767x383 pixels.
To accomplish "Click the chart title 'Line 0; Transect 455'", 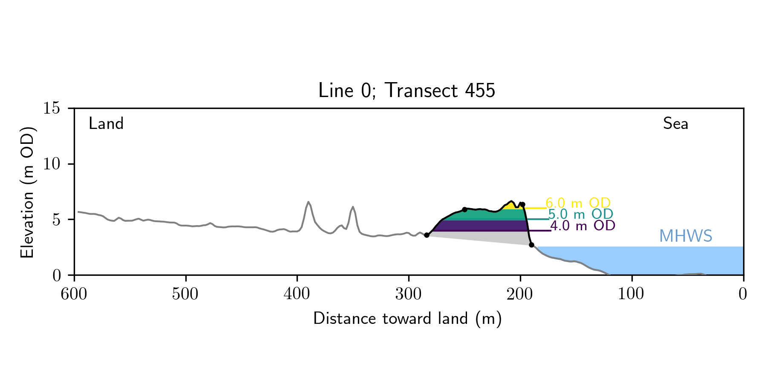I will (x=407, y=91).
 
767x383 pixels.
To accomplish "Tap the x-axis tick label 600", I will (x=74, y=294).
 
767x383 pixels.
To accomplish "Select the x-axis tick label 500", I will (x=185, y=294).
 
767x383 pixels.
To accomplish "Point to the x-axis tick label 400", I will (x=297, y=294).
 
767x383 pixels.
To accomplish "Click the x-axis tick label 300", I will (x=409, y=294).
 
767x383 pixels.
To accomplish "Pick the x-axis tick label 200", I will (x=520, y=294).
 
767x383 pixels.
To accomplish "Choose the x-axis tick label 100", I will (x=631, y=294).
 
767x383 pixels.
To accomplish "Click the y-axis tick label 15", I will (x=52, y=108).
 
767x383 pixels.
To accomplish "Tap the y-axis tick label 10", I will (x=52, y=164).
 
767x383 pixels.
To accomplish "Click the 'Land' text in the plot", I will (x=106, y=124).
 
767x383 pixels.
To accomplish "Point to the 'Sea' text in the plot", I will (x=675, y=124).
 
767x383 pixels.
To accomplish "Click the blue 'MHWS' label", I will (x=686, y=236).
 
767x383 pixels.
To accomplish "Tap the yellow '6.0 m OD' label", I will (x=578, y=203).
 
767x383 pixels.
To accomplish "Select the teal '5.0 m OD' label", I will (x=580, y=214).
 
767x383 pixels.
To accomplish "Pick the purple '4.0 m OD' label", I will (x=582, y=226).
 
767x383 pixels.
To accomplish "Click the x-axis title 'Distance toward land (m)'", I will (x=407, y=319).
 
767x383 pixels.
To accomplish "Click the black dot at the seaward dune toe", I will (x=531, y=245).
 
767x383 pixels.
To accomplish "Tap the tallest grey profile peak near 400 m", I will (x=308, y=202).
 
